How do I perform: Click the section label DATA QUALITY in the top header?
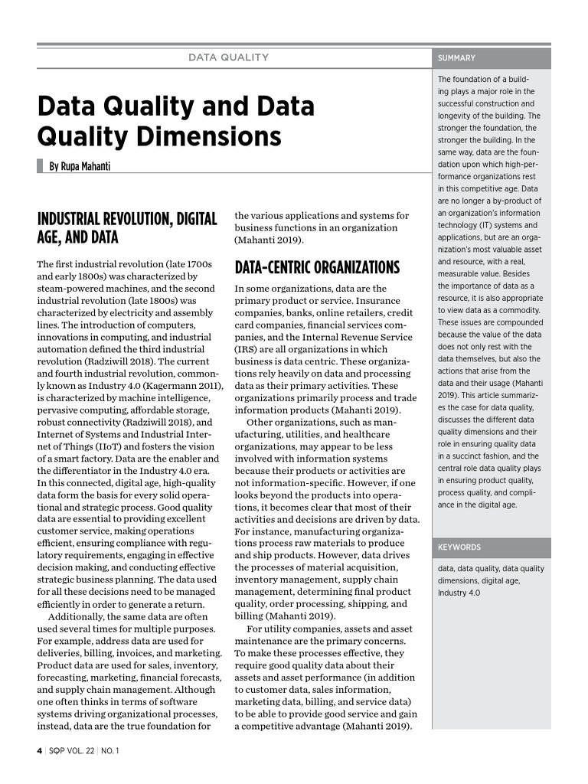[229, 57]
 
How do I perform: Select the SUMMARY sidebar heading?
[456, 58]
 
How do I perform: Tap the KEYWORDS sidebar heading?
[459, 547]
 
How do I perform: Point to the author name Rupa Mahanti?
[80, 166]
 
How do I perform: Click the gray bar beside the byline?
[40, 166]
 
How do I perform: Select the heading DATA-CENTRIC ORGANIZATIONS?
[317, 267]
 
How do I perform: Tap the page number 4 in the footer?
[40, 750]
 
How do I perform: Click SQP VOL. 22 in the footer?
[70, 750]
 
